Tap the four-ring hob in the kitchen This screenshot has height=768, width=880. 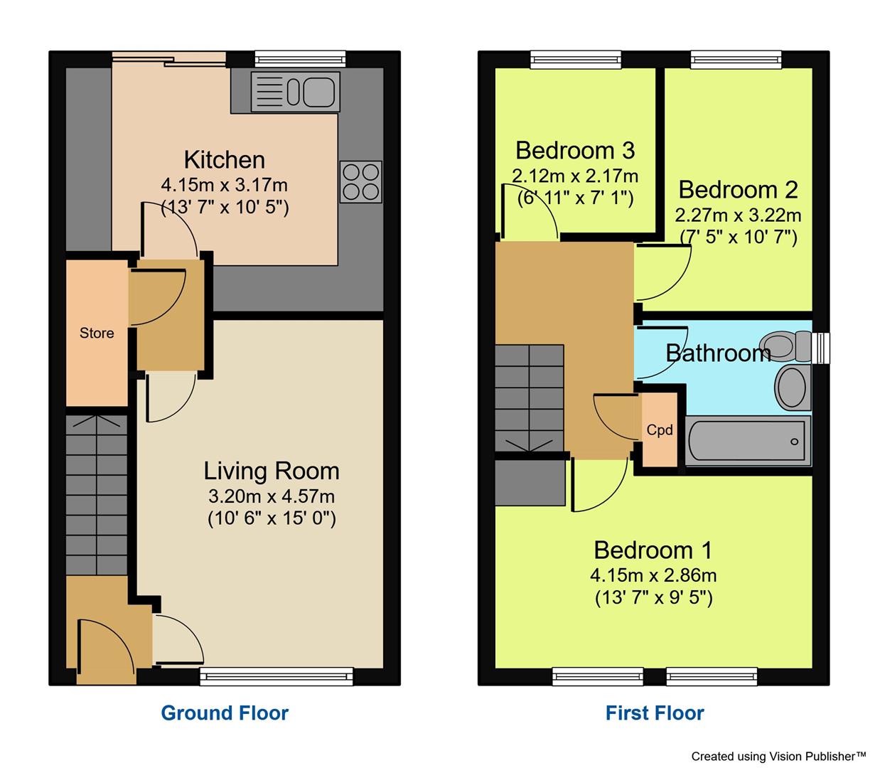[x=361, y=182]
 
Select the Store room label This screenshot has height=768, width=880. [x=97, y=333]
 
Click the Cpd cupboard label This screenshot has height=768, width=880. [x=660, y=430]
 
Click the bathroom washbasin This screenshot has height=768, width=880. [x=791, y=388]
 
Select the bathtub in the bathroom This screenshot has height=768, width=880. [x=747, y=441]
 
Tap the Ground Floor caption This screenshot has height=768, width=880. [x=225, y=713]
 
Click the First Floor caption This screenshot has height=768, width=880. [x=655, y=713]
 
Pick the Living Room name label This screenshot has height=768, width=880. [x=272, y=471]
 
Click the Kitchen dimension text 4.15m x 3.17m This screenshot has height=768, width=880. [x=225, y=186]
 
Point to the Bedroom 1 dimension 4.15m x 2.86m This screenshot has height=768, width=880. [x=653, y=575]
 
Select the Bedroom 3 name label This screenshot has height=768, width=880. [x=575, y=151]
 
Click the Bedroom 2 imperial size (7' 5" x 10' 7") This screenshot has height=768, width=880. [x=738, y=238]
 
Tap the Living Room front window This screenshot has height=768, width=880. [x=277, y=676]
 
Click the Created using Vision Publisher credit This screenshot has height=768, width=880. [x=778, y=756]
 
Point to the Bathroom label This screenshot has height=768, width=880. [x=718, y=353]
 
